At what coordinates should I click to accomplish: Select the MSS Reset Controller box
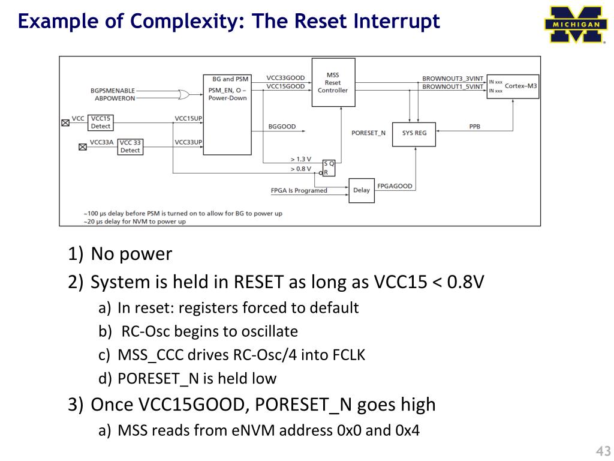[333, 82]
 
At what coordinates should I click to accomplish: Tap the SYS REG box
[414, 133]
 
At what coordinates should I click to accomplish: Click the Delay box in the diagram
[361, 190]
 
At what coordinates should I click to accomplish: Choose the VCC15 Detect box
[101, 122]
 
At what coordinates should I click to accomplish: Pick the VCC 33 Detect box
[130, 146]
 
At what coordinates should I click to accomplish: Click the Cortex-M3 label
[520, 86]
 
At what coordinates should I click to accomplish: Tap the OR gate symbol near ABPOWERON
[180, 94]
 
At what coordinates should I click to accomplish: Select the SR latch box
[329, 167]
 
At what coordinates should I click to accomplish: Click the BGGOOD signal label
[282, 127]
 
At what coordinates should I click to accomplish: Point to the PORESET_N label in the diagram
[368, 133]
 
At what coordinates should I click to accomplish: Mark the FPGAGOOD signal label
[395, 186]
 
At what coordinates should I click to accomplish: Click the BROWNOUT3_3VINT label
[452, 79]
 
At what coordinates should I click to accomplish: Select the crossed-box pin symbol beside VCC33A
[83, 146]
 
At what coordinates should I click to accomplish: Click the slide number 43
[603, 451]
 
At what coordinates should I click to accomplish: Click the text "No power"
[131, 254]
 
